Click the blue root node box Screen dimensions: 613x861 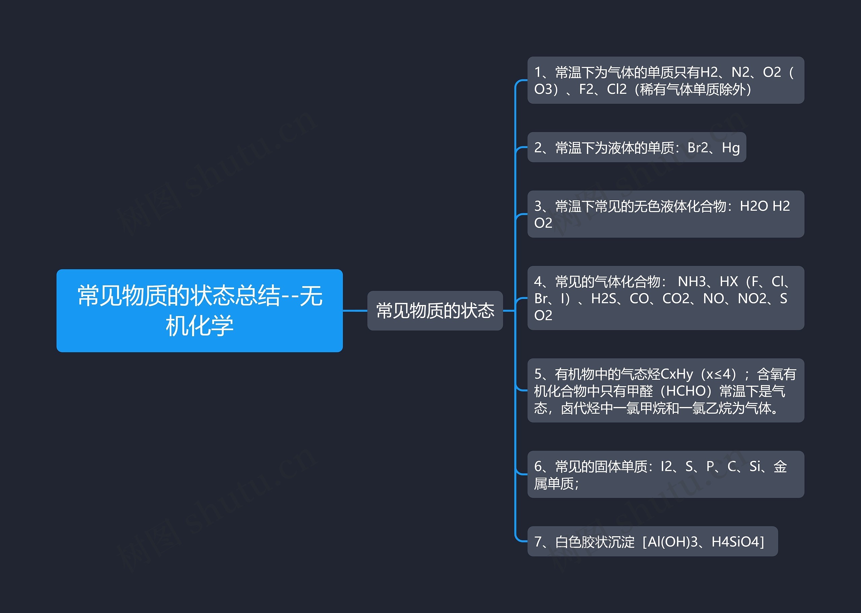point(199,310)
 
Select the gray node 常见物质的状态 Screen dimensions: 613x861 point(435,311)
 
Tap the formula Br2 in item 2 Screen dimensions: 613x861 point(698,147)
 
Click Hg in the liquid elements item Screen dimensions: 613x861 point(731,147)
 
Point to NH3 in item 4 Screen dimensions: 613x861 point(692,281)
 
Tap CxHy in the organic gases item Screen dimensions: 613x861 point(677,374)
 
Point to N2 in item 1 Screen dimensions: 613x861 point(740,72)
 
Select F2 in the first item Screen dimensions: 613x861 point(586,90)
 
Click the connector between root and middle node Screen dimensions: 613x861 point(355,311)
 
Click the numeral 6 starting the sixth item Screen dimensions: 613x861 point(538,467)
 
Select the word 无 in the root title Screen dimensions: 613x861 point(311,296)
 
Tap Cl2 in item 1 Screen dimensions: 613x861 point(616,90)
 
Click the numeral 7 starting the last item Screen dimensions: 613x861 point(538,542)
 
